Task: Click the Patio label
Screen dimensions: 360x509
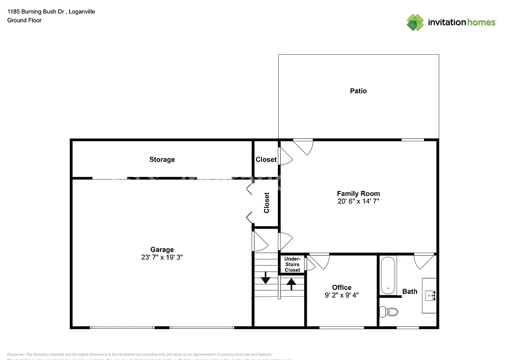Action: point(358,91)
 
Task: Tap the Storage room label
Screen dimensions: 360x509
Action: point(162,160)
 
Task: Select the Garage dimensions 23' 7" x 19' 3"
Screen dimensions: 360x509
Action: point(162,258)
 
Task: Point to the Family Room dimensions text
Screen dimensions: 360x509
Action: point(358,202)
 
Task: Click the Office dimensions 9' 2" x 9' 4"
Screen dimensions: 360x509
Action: point(341,295)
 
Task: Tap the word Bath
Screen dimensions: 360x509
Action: point(410,291)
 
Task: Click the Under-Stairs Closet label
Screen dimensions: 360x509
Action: point(292,265)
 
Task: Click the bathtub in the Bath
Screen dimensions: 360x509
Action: point(388,275)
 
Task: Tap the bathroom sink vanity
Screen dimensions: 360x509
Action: point(429,295)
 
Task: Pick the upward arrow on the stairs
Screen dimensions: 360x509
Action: point(291,284)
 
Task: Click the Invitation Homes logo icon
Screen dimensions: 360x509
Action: point(416,22)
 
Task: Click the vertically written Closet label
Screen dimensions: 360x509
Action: point(266,202)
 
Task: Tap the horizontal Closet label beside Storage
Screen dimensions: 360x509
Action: point(266,160)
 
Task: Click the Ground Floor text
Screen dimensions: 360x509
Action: point(24,20)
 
